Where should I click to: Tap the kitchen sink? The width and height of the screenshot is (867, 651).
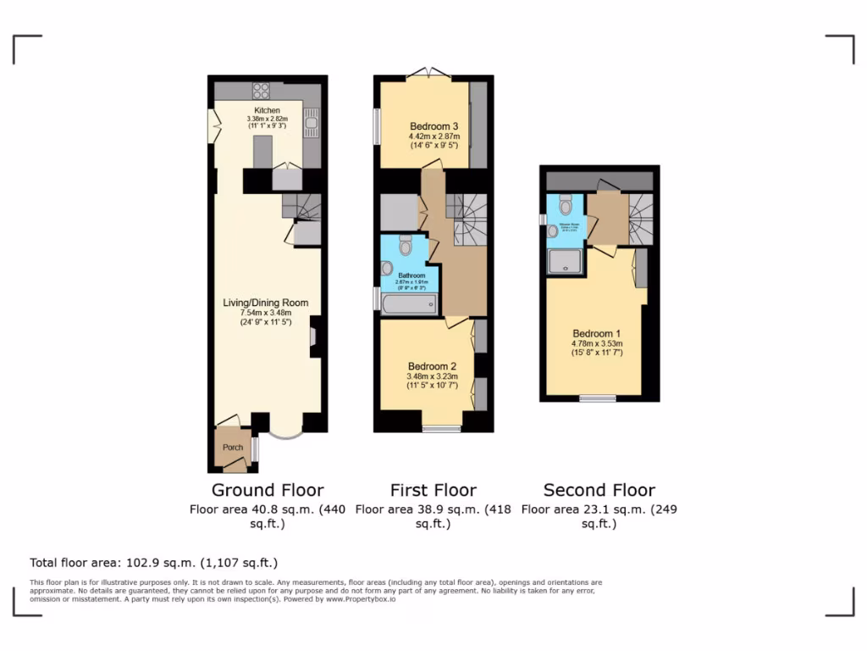coord(312,124)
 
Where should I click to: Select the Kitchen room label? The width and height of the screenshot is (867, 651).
coord(267,110)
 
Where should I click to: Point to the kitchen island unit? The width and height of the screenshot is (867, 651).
coord(262,153)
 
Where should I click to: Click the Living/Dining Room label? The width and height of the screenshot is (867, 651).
coord(265,303)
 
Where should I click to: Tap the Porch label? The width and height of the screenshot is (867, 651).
coord(232,448)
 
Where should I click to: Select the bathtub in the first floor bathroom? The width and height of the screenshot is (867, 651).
coord(409,303)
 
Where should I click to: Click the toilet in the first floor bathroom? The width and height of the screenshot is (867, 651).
coord(405,245)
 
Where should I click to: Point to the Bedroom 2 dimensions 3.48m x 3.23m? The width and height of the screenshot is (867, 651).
coord(433,376)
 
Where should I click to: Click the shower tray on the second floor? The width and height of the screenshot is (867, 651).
coord(566,262)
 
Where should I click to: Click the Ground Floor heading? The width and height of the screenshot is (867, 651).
coord(268,490)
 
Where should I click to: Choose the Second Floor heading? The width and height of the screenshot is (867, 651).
coord(599,490)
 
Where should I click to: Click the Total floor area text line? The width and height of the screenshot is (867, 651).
coord(153,562)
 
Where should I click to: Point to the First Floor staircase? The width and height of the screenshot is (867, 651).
coord(468,217)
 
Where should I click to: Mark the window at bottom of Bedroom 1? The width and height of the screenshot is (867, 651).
coord(597,398)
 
